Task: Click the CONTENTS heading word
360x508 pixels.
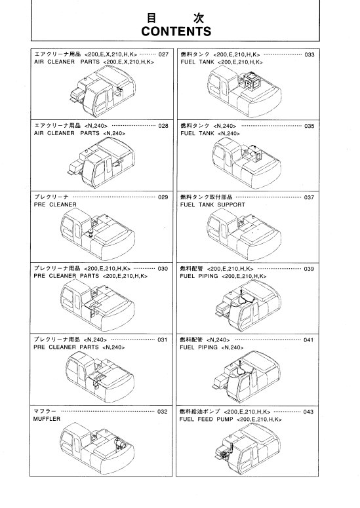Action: pos(176,31)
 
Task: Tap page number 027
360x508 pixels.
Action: pos(164,54)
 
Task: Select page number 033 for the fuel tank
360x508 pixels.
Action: pos(310,54)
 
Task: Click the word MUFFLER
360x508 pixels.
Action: pos(47,419)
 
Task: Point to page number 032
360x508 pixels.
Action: pos(163,412)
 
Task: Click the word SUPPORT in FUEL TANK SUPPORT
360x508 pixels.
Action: pos(231,205)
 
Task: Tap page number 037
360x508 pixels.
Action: pos(309,197)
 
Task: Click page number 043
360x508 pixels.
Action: pos(308,412)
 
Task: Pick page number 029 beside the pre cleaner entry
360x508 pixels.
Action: pos(163,197)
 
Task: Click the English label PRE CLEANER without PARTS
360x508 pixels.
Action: pos(55,205)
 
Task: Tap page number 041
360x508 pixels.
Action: pos(308,340)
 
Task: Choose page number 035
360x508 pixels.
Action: pos(309,126)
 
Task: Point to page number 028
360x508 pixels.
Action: pos(163,126)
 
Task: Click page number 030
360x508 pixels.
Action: pos(163,268)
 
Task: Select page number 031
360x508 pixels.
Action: pos(163,340)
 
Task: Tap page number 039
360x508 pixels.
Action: pos(309,269)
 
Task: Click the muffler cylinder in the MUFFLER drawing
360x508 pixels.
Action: pos(121,443)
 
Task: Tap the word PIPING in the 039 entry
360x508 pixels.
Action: pos(208,276)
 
